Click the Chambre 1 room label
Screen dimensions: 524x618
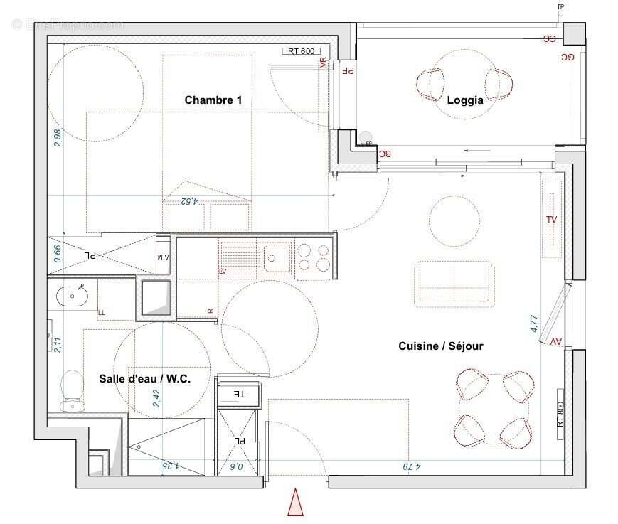click(x=213, y=100)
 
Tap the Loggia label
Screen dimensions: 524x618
click(x=465, y=100)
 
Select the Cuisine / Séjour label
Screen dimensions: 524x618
click(x=440, y=346)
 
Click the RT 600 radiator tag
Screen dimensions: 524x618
click(x=301, y=51)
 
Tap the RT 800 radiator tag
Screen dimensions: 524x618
click(x=560, y=414)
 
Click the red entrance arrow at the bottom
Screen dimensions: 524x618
click(x=295, y=502)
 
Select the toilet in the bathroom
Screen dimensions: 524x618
click(x=72, y=390)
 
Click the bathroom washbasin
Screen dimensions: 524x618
click(x=71, y=294)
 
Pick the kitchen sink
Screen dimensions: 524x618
click(x=277, y=257)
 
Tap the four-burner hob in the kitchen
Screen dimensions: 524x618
click(x=314, y=257)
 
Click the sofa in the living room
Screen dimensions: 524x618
click(x=454, y=284)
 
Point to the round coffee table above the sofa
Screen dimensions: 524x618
click(x=454, y=220)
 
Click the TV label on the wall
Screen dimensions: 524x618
click(x=551, y=219)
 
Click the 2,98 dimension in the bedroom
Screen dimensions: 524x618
click(x=58, y=137)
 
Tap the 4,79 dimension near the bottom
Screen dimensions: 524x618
click(x=412, y=467)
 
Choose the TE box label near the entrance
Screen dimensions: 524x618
click(x=240, y=393)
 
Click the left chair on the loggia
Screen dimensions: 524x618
click(x=431, y=84)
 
